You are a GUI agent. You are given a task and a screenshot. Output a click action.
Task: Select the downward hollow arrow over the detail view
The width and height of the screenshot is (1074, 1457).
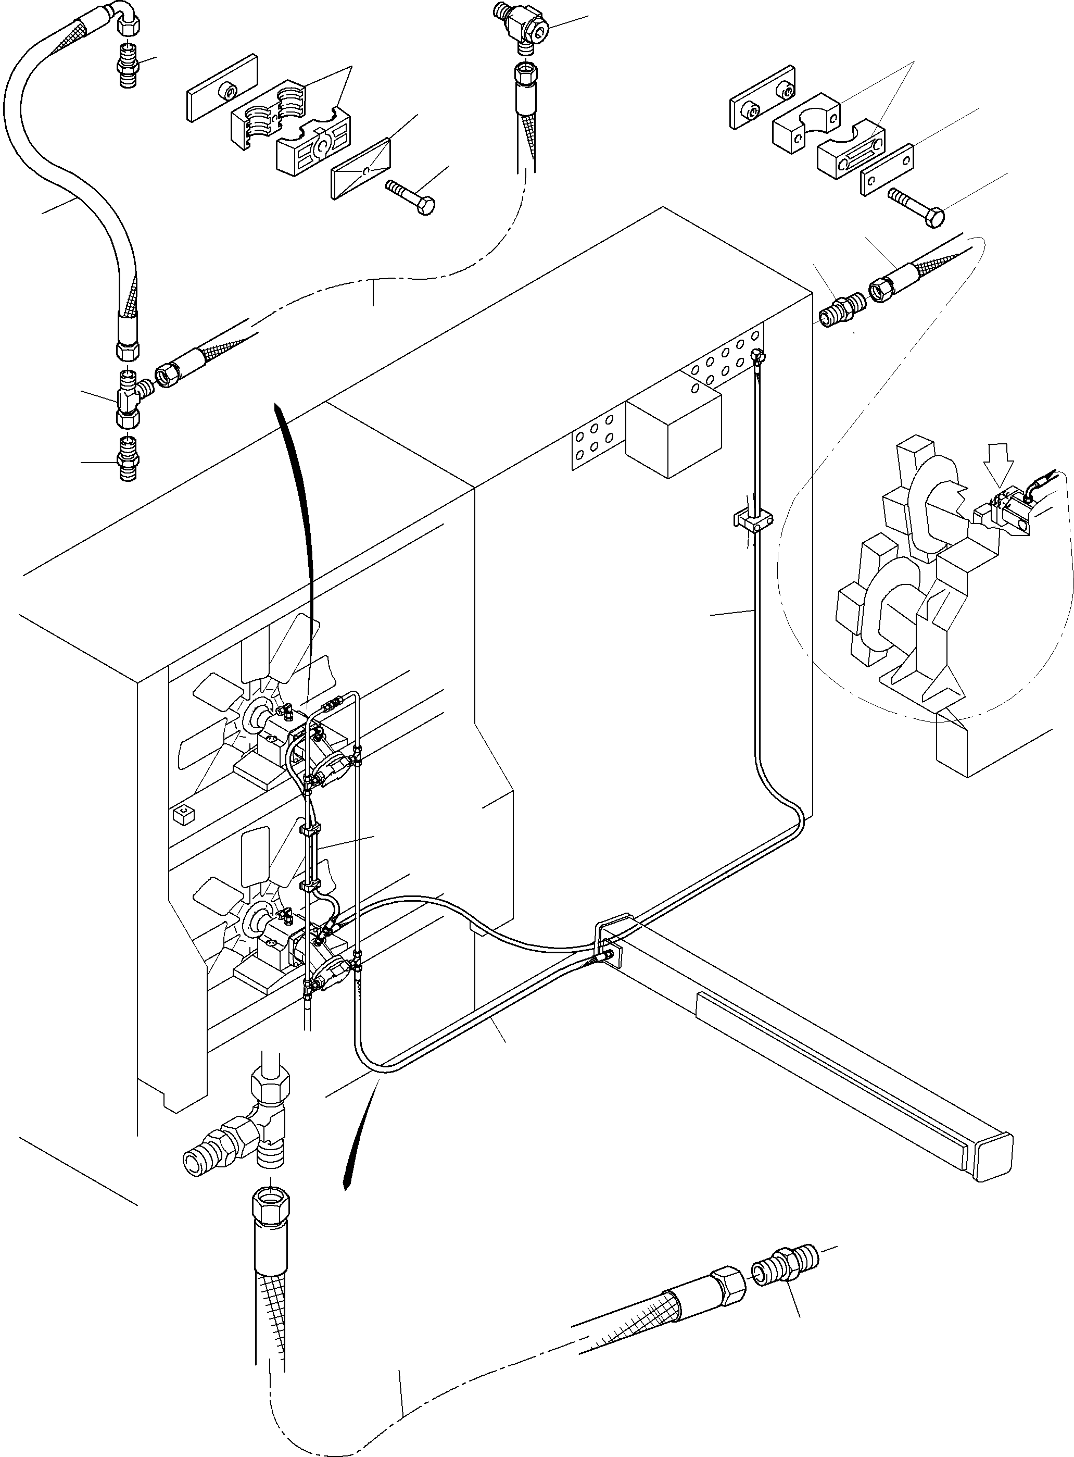tap(999, 463)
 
